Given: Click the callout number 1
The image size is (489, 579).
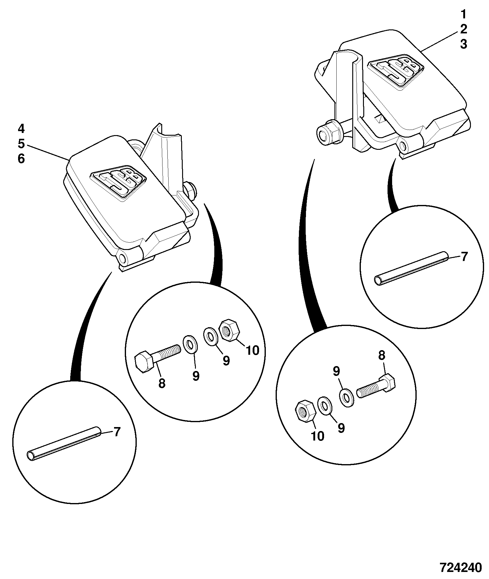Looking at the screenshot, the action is coord(463,14).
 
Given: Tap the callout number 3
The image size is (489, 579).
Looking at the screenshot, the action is coord(463,44).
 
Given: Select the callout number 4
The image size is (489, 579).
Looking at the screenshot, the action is coord(21,129).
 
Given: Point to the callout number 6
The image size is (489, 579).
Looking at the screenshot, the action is coord(21,159).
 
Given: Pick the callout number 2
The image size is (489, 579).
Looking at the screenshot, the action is coord(463,29).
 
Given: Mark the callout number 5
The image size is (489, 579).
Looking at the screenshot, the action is coord(21,144).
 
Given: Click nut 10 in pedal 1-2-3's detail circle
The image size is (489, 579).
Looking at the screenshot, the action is coord(304,411).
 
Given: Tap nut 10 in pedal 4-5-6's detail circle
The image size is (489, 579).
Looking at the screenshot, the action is coord(229,331).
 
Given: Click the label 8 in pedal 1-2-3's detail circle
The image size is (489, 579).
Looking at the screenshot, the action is coord(381,356).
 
